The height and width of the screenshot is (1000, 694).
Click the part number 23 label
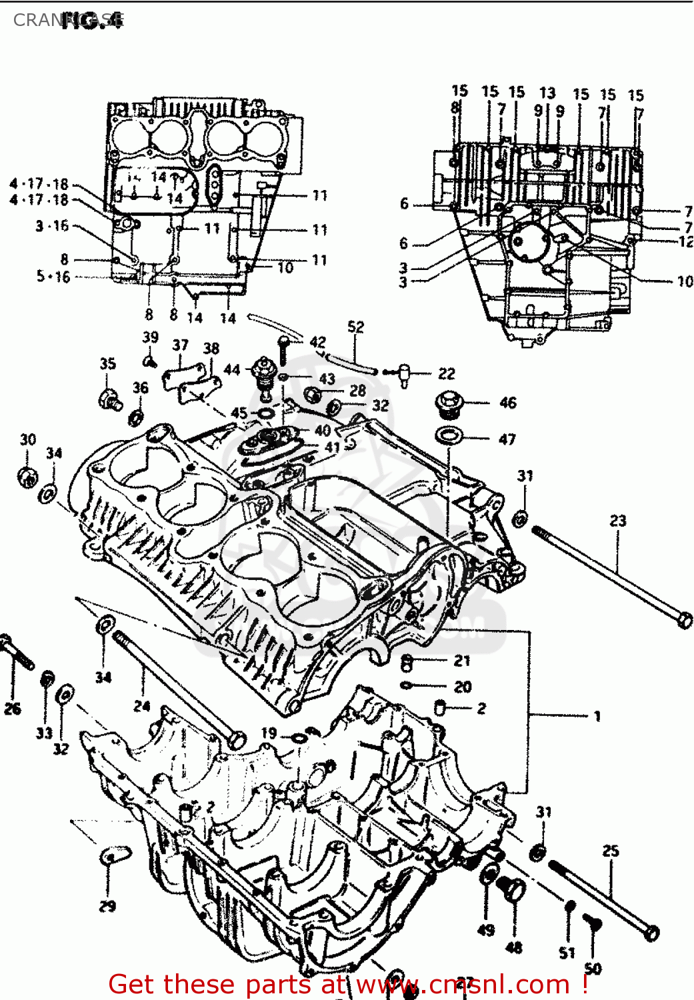pyautogui.click(x=618, y=520)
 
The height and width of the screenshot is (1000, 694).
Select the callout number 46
pyautogui.click(x=507, y=403)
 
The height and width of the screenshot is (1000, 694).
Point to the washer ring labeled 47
pyautogui.click(x=449, y=436)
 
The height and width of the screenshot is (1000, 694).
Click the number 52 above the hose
pyautogui.click(x=356, y=327)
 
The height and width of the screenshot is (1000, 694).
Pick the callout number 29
pyautogui.click(x=107, y=906)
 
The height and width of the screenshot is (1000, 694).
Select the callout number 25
pyautogui.click(x=611, y=851)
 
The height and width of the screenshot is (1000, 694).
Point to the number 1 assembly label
pyautogui.click(x=597, y=717)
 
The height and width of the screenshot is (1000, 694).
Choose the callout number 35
pyautogui.click(x=108, y=363)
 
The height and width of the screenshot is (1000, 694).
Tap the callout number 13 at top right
pyautogui.click(x=547, y=93)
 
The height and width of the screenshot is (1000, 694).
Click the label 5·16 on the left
pyautogui.click(x=53, y=276)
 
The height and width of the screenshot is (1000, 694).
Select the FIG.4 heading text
pyautogui.click(x=92, y=21)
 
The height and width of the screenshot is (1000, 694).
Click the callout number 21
pyautogui.click(x=462, y=661)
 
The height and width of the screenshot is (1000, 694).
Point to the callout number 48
pyautogui.click(x=513, y=947)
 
